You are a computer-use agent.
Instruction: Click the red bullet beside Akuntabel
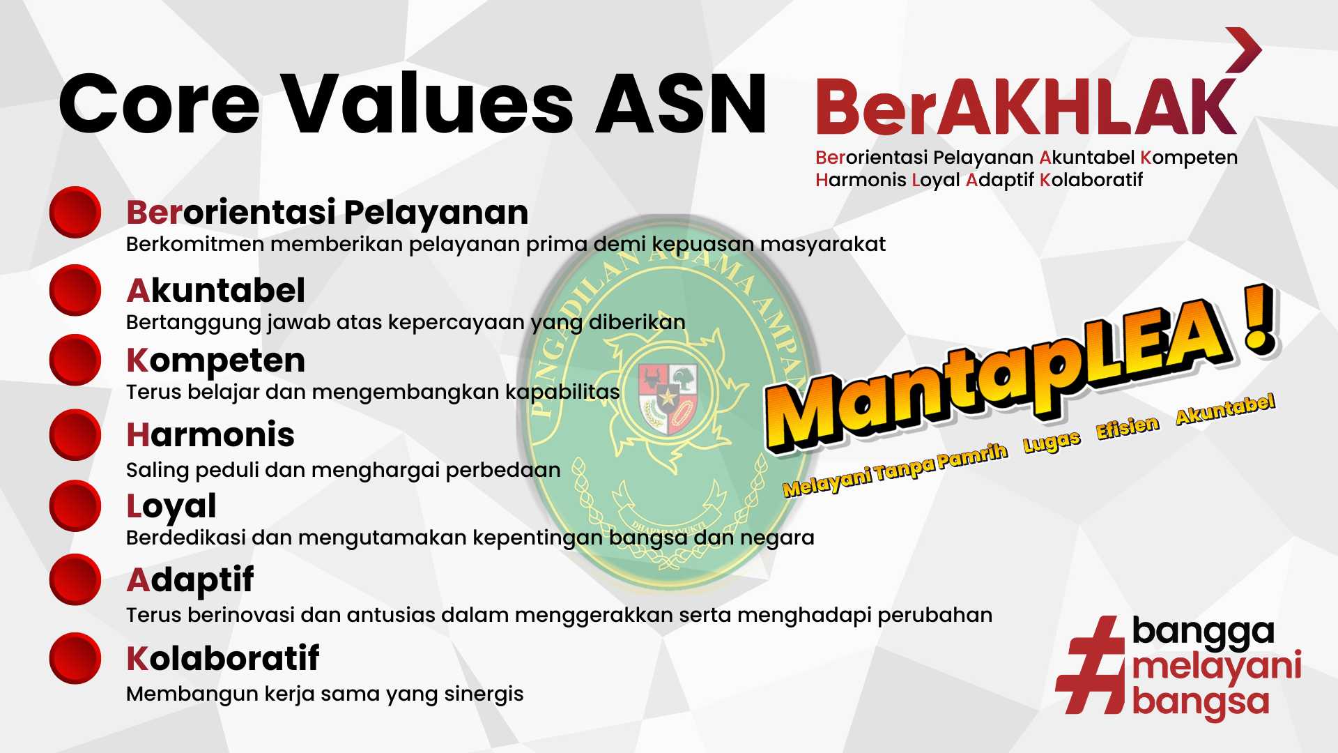(75, 290)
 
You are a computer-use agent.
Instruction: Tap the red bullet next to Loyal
(75, 505)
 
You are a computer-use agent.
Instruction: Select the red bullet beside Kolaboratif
(75, 657)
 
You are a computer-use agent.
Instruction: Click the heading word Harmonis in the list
(210, 435)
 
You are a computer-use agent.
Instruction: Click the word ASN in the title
(682, 104)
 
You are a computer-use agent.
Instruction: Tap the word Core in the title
(160, 104)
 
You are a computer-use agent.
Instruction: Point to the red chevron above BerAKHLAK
(1244, 50)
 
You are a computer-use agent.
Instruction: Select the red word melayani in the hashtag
(1217, 667)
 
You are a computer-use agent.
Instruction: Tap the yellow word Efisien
(1128, 427)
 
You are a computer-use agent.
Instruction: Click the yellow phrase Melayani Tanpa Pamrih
(895, 469)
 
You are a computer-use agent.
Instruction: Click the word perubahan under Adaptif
(935, 616)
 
